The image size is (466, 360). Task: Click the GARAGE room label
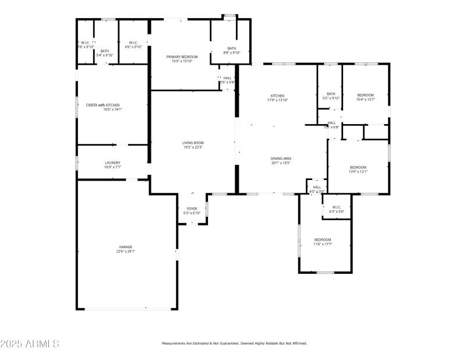click(x=126, y=247)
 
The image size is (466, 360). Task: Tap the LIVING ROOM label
click(x=193, y=143)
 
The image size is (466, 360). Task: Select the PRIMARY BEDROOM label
click(x=182, y=57)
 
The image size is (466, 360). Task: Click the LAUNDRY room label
click(x=112, y=163)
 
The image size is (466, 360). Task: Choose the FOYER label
click(x=192, y=209)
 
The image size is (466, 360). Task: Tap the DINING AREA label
click(x=280, y=158)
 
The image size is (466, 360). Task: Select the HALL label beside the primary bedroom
click(x=227, y=78)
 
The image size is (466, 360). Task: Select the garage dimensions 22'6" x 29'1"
click(x=126, y=251)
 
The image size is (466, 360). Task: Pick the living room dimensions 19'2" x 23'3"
click(x=193, y=147)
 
